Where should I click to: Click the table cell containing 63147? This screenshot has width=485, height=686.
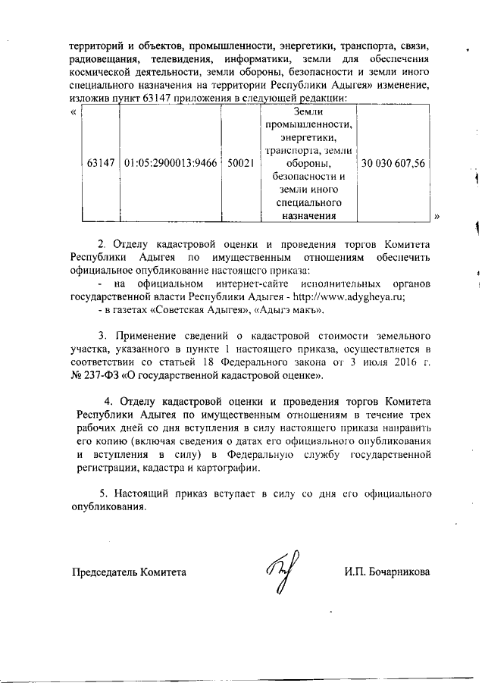coord(101,163)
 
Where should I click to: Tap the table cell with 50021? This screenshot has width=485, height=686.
coord(240,163)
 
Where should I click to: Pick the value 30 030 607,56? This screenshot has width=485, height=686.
coord(394,163)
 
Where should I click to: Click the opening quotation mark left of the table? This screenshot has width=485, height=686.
coord(73,111)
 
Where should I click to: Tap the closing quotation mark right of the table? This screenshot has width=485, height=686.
coord(437,216)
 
